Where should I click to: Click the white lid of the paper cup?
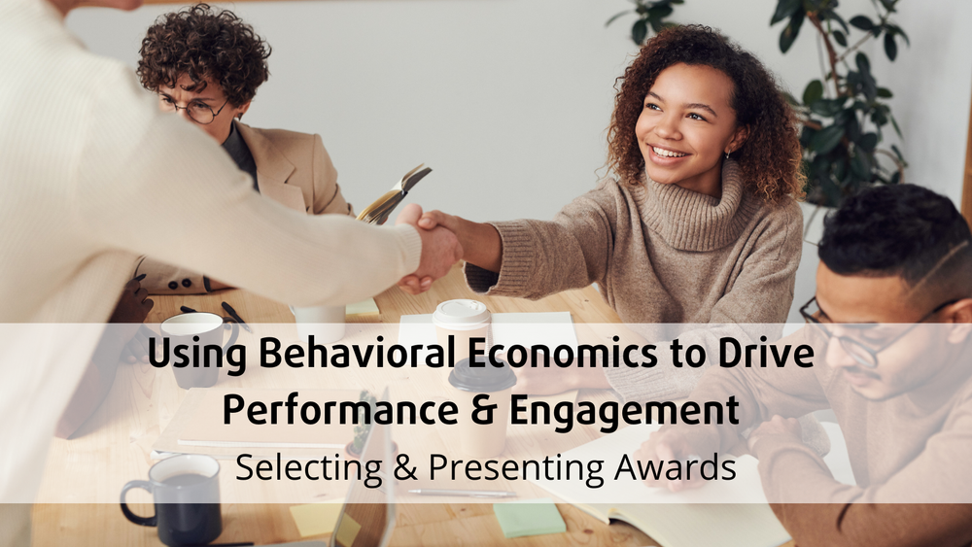click(x=461, y=314)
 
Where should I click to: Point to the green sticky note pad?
click(x=530, y=519)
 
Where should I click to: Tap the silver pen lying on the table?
click(x=462, y=494)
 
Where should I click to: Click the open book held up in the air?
click(x=393, y=194)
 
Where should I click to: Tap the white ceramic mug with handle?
click(x=198, y=348)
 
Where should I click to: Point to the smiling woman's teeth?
click(x=669, y=153)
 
